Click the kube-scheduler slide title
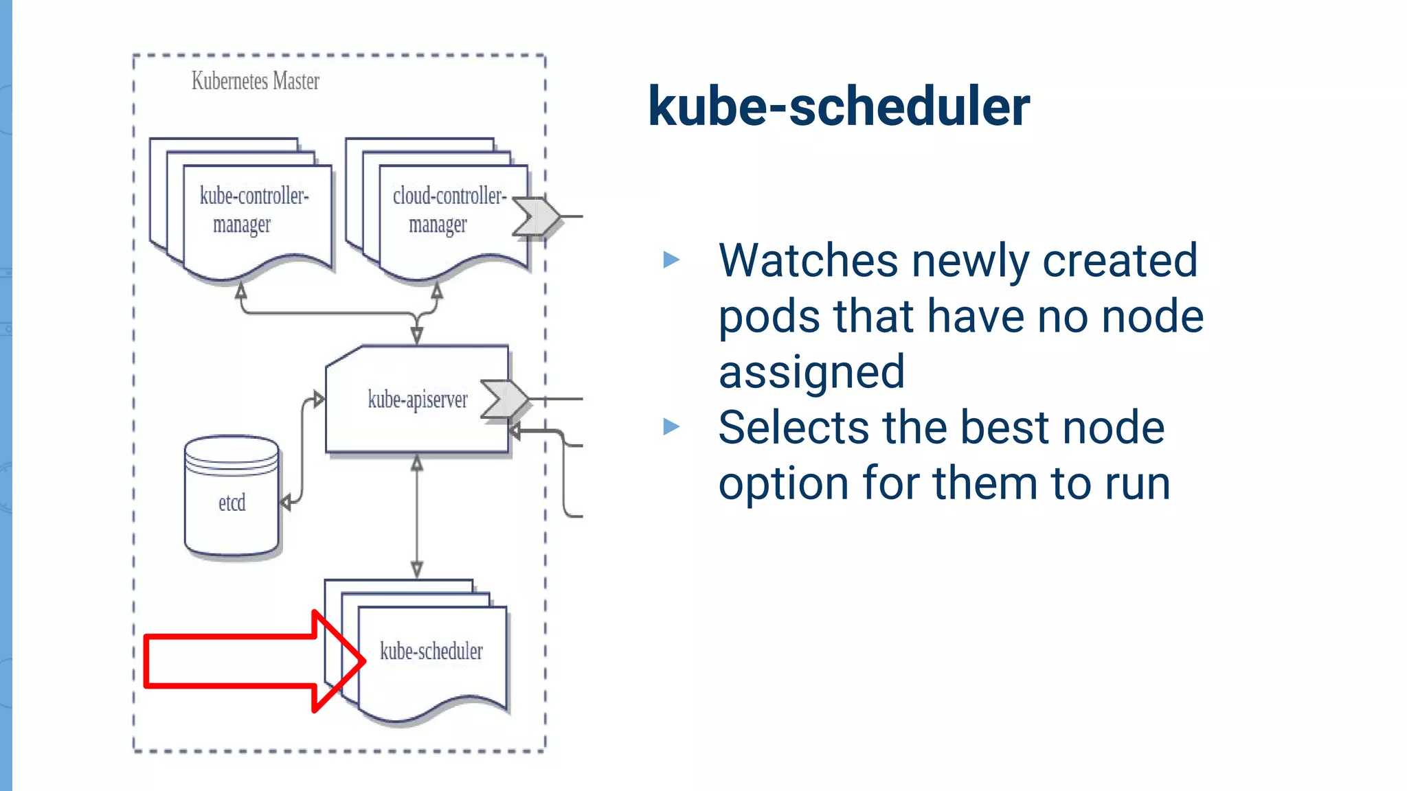pyautogui.click(x=838, y=106)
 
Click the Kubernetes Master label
pyautogui.click(x=255, y=81)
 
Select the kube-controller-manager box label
pyautogui.click(x=254, y=209)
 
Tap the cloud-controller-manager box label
pyautogui.click(x=448, y=209)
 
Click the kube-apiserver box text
pyautogui.click(x=417, y=400)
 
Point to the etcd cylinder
pyautogui.click(x=232, y=498)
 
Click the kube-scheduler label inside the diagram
pyautogui.click(x=431, y=651)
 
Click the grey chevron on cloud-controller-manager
pyautogui.click(x=537, y=217)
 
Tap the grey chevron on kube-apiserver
pyautogui.click(x=506, y=399)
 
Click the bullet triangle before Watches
pyautogui.click(x=671, y=260)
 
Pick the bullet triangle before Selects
pyautogui.click(x=671, y=427)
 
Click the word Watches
pyautogui.click(x=808, y=261)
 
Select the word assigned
pyautogui.click(x=811, y=372)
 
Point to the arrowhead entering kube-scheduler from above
pyautogui.click(x=417, y=569)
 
